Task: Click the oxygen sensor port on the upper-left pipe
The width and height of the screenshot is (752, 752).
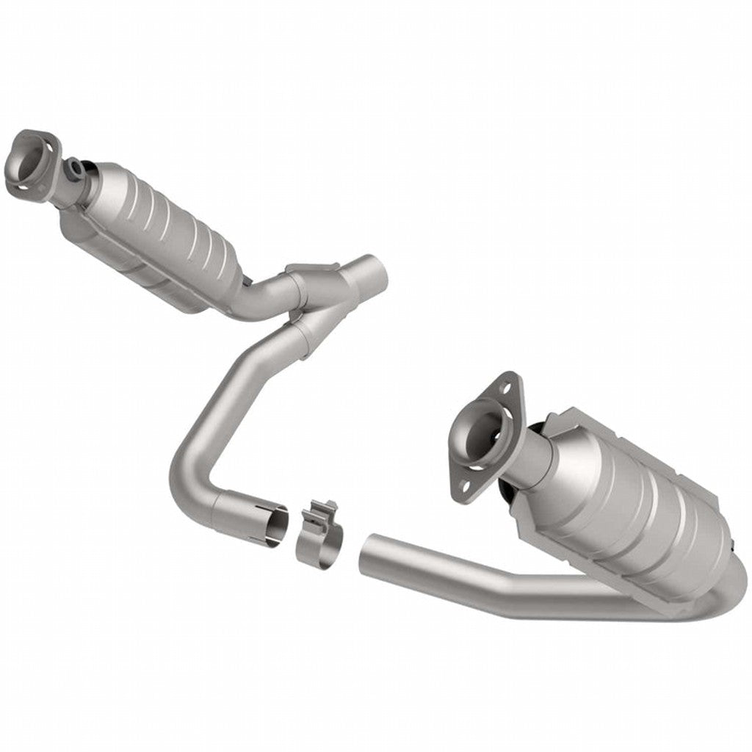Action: [76, 168]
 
